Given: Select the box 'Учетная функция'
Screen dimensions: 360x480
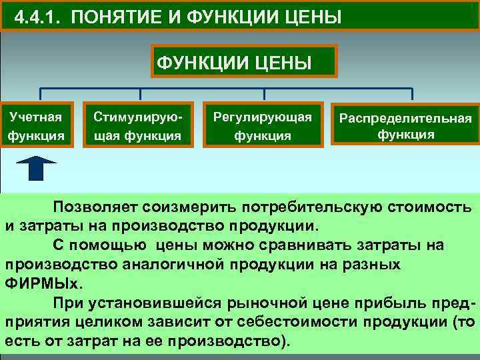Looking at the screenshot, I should [36, 126].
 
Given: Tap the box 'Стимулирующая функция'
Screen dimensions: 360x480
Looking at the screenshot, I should [137, 126].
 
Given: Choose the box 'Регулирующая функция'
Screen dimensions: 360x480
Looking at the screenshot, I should [262, 126].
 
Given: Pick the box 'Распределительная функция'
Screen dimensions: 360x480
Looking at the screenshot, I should [405, 126].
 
